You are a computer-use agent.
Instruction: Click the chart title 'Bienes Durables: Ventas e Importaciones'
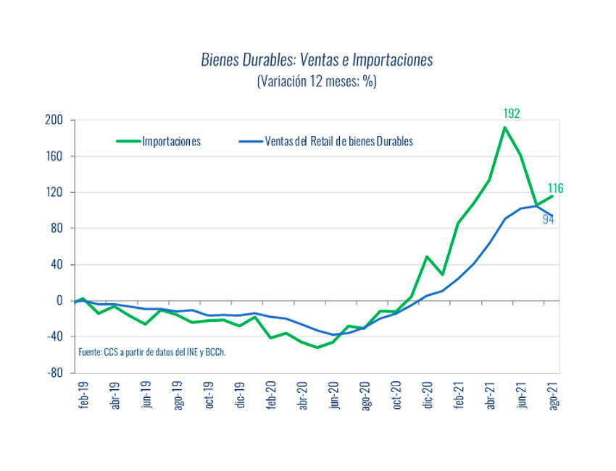point(317,60)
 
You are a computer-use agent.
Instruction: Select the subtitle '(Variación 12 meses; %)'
point(317,82)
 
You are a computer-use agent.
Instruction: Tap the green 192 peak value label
point(512,114)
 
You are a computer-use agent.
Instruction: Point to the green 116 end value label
point(555,189)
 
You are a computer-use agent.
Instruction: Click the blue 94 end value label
point(549,219)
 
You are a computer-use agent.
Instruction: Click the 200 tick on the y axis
point(55,120)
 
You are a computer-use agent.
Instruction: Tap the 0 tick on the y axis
point(61,301)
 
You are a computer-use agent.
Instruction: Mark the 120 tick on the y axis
point(55,192)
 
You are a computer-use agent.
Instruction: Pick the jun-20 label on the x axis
point(334,396)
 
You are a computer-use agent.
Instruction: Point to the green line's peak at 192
point(504,127)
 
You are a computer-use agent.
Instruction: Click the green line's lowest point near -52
point(317,347)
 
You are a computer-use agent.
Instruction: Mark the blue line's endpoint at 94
point(552,216)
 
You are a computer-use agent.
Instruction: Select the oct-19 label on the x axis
point(209,396)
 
